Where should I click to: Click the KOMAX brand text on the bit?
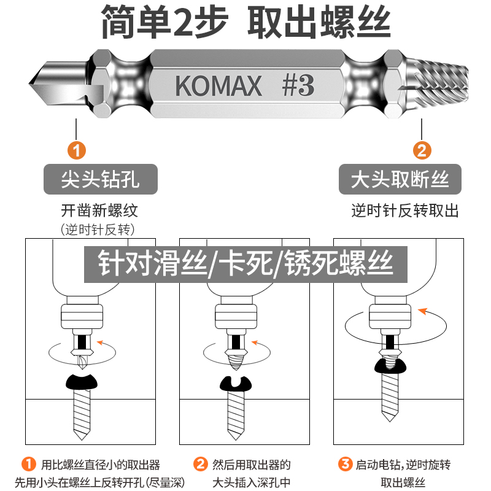point(218,85)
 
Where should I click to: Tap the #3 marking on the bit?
point(298,85)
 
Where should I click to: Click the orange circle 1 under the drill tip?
point(76,150)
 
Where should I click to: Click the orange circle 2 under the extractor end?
point(422,150)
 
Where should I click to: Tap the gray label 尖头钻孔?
point(101,180)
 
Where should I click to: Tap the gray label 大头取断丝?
point(400,180)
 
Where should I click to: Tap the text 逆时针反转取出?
point(405,212)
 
